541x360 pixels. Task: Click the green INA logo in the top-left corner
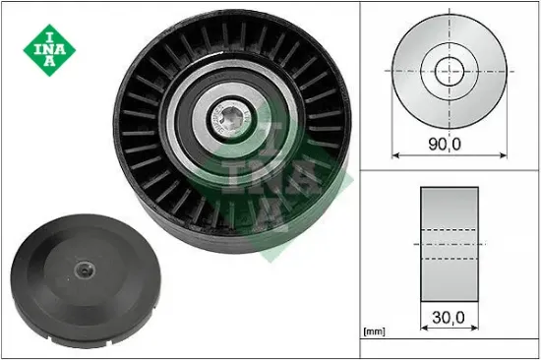point(49,50)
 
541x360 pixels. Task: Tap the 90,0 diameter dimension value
point(445,144)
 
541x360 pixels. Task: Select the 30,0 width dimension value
point(449,317)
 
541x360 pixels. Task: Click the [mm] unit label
point(375,331)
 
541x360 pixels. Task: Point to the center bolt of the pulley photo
point(231,119)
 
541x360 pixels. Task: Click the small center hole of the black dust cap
point(85,270)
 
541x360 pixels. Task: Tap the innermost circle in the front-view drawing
point(450,72)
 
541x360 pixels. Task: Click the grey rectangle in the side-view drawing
point(450,244)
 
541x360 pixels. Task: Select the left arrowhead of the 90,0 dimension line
point(395,155)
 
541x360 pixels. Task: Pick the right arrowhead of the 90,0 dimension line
point(504,155)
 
